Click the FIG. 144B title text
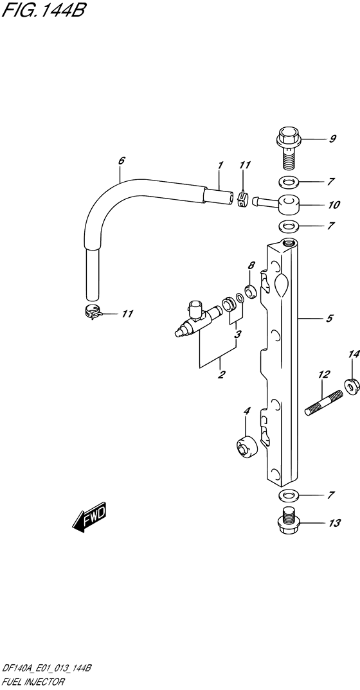43,10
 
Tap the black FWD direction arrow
89,517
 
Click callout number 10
334,205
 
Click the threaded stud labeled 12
324,403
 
